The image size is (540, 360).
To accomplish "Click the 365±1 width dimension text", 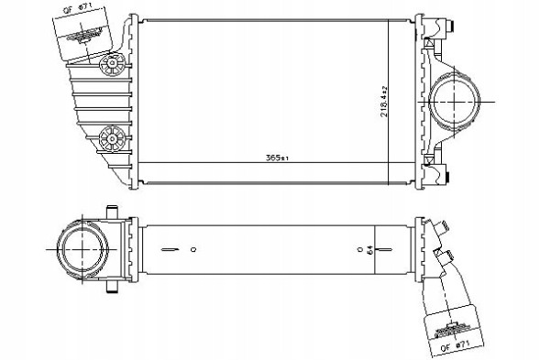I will (277, 158).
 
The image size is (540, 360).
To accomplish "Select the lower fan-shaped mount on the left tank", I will (112, 138).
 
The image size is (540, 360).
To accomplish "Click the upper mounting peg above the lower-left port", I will (113, 213).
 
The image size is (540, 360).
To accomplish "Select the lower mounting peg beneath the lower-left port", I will (113, 286).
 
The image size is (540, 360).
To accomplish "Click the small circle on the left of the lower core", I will (193, 248).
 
